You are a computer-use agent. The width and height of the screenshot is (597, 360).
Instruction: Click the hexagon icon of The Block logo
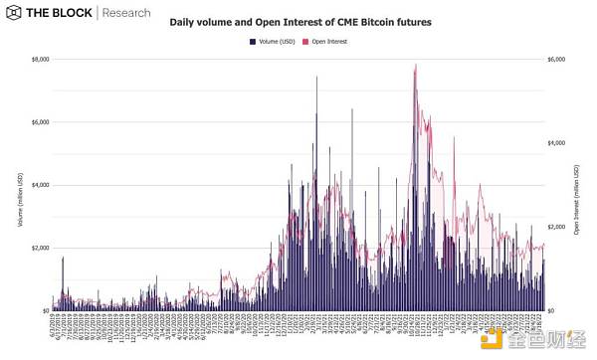click(14, 14)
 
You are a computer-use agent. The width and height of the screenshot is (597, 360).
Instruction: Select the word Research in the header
click(126, 14)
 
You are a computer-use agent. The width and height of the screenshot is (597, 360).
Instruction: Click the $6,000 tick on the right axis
click(557, 60)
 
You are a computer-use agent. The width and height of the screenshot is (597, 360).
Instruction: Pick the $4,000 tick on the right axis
click(557, 143)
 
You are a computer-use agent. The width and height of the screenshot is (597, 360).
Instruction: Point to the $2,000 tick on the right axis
click(557, 227)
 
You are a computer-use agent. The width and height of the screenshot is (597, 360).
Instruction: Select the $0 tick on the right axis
click(552, 310)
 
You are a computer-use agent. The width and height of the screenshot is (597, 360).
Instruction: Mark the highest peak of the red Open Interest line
click(415, 65)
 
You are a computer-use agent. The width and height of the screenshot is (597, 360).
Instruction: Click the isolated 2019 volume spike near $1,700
click(63, 258)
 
